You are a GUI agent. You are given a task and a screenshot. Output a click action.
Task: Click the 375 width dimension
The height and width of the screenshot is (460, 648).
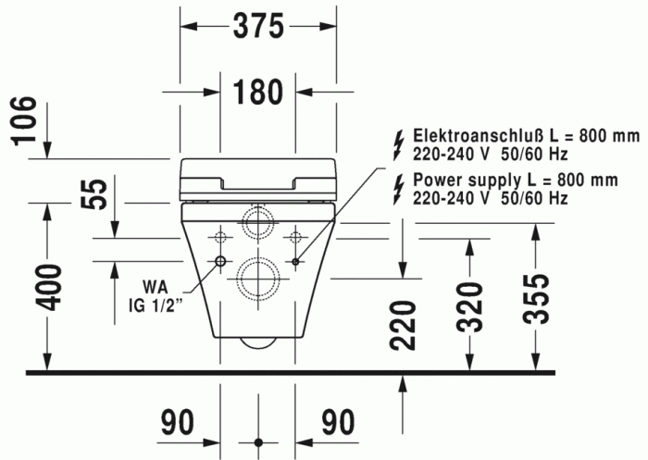[x=257, y=27]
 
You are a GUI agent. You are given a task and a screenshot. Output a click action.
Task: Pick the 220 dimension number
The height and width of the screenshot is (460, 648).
[x=402, y=324]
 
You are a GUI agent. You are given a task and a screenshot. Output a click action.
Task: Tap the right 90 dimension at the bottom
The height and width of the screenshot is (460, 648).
[x=338, y=423]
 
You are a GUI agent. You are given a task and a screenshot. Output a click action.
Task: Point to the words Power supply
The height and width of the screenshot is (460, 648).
[x=463, y=180]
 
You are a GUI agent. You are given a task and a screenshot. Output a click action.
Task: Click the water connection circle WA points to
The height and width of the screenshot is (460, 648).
[x=220, y=262]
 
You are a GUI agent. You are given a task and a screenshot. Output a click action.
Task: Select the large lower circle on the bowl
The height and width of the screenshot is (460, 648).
[x=257, y=275]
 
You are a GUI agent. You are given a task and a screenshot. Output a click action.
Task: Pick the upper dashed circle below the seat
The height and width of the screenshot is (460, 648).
[x=257, y=222]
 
